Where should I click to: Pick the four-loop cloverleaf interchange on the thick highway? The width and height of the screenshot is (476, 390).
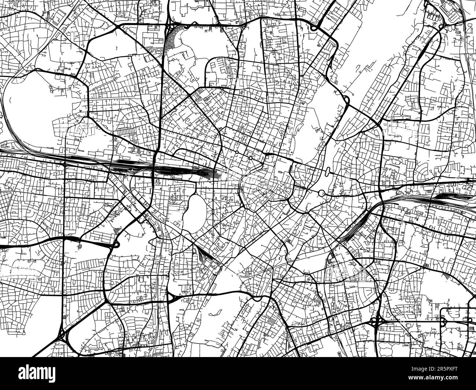(377, 322)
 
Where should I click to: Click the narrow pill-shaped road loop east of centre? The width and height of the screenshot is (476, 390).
(327, 171)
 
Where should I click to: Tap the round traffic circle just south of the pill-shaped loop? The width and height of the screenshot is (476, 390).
(321, 193)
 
